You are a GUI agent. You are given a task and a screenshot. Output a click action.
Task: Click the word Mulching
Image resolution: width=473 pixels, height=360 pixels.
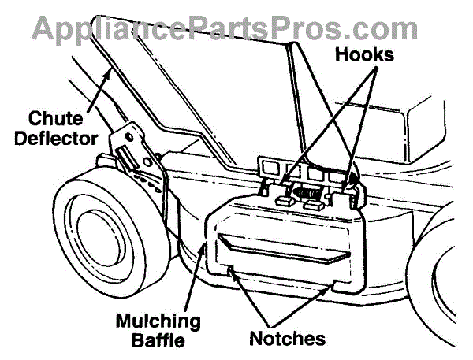158,321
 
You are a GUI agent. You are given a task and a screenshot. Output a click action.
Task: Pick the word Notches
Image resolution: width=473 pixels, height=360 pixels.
287,340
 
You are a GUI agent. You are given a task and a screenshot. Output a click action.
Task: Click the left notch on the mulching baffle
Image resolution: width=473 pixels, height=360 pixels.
229,271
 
